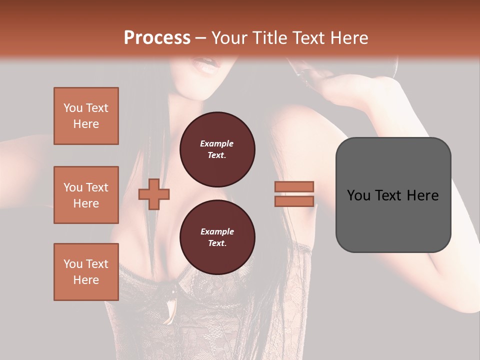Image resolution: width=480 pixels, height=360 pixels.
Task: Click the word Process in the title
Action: [x=157, y=38]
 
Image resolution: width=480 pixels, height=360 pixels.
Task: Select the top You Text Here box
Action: [x=86, y=116]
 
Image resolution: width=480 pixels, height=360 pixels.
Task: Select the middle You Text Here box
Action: [x=86, y=195]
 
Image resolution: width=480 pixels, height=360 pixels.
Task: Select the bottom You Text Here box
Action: [x=86, y=272]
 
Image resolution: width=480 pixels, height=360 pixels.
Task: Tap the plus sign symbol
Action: [x=154, y=194]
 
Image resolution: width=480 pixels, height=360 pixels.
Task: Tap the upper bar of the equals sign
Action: [x=294, y=186]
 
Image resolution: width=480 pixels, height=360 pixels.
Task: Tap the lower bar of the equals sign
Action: [x=294, y=201]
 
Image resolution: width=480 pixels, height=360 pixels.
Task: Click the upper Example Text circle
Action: [x=217, y=149]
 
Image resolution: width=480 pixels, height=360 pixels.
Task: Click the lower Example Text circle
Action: [x=217, y=237]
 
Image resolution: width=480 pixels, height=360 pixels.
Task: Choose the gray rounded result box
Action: [x=393, y=195]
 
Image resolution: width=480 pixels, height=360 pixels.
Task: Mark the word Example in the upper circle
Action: [x=217, y=143]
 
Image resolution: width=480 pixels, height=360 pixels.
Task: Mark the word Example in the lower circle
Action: [x=217, y=231]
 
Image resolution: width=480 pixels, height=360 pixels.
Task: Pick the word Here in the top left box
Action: [x=86, y=124]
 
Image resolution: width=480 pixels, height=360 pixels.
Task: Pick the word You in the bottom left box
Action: [x=73, y=264]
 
